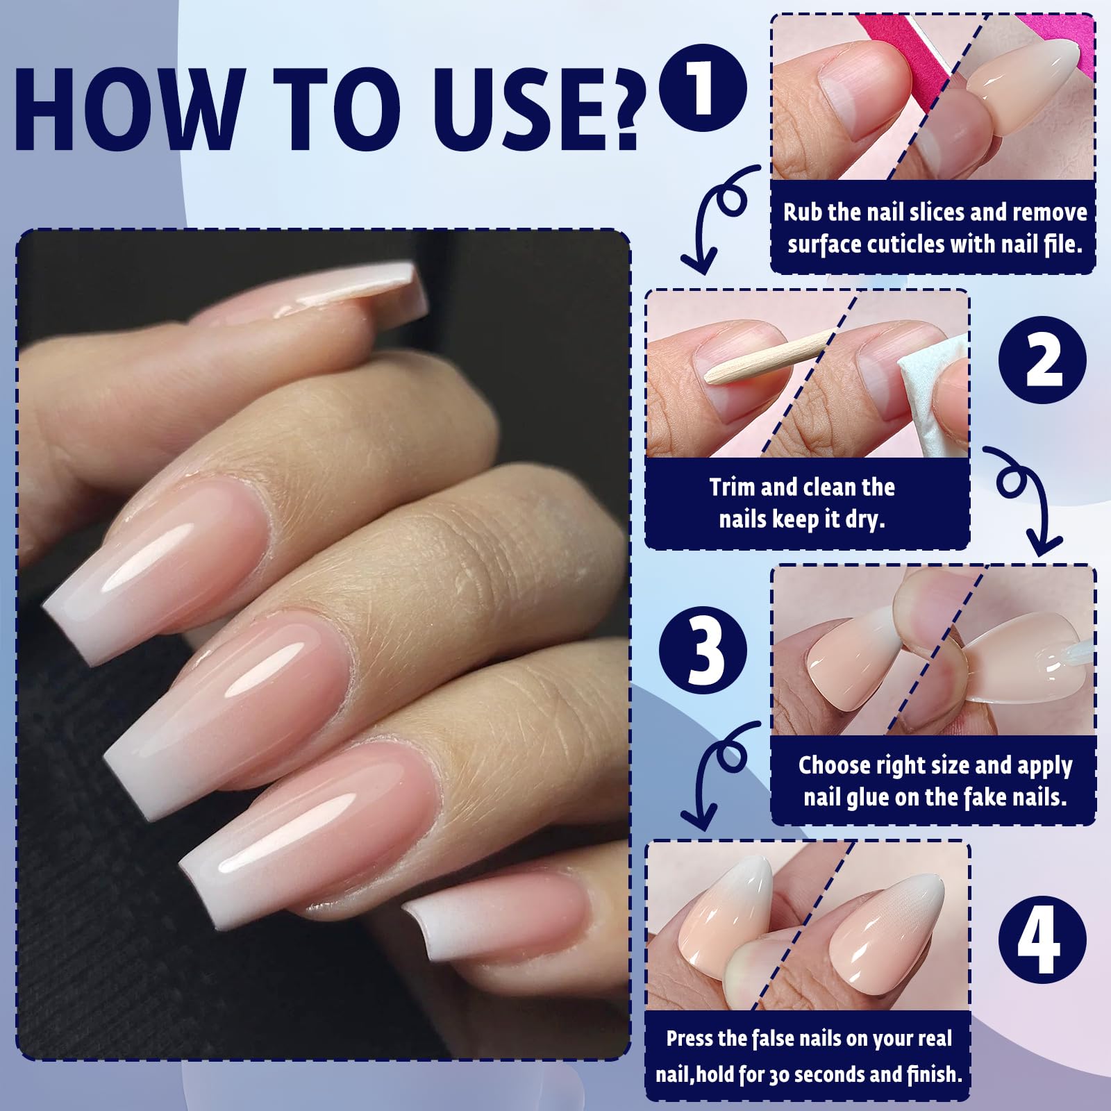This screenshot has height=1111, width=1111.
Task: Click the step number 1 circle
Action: pos(702,88)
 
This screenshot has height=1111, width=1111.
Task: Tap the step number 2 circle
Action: pos(1042,360)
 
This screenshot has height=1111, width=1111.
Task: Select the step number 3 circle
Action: pos(702,651)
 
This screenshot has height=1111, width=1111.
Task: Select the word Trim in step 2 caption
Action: pos(733,487)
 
